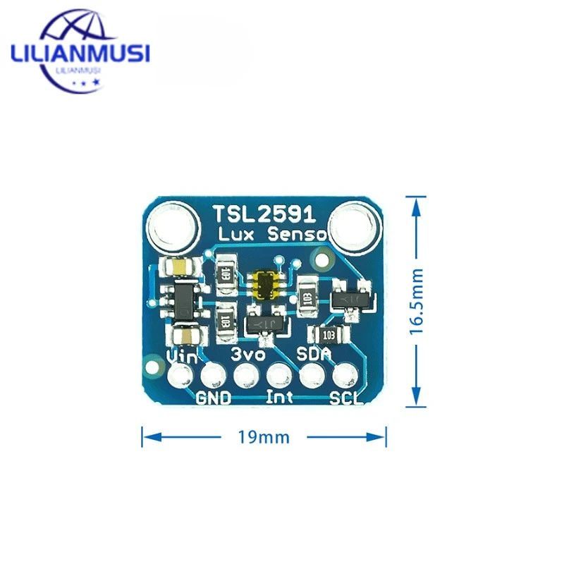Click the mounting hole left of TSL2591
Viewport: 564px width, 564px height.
click(x=171, y=228)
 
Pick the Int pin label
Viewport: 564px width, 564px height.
click(x=280, y=397)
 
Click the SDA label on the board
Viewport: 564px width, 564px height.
click(x=314, y=352)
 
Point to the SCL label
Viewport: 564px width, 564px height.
click(x=347, y=398)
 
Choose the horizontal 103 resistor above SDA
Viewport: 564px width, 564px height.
click(x=329, y=334)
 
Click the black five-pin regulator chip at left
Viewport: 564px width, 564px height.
click(x=183, y=300)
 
